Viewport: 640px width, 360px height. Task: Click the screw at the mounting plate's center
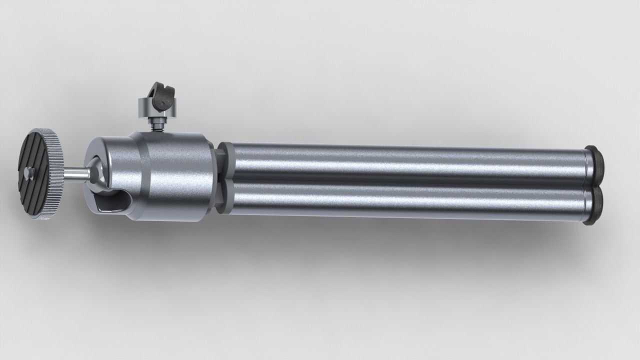[x=27, y=173]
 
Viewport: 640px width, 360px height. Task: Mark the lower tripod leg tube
[x=400, y=200]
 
